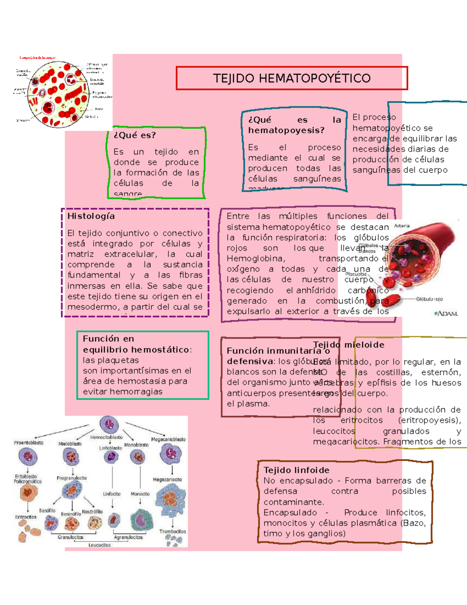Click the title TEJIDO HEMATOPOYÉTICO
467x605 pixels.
(x=291, y=78)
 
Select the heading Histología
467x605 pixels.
(x=91, y=216)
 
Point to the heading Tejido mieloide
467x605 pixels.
(x=349, y=345)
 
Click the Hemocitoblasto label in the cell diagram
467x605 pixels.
(x=106, y=437)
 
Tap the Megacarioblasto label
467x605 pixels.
(x=168, y=439)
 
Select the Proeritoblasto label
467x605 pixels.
(x=29, y=443)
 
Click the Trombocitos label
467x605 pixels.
(x=172, y=531)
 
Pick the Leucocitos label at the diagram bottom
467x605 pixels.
(x=100, y=545)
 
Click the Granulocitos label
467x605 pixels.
(x=70, y=537)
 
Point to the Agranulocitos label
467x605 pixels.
(x=128, y=537)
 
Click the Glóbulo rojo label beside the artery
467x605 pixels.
(x=429, y=299)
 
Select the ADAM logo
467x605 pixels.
(x=446, y=313)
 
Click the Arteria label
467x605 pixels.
(x=402, y=226)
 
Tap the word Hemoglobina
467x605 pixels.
(x=256, y=259)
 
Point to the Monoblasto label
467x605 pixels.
(x=136, y=445)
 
